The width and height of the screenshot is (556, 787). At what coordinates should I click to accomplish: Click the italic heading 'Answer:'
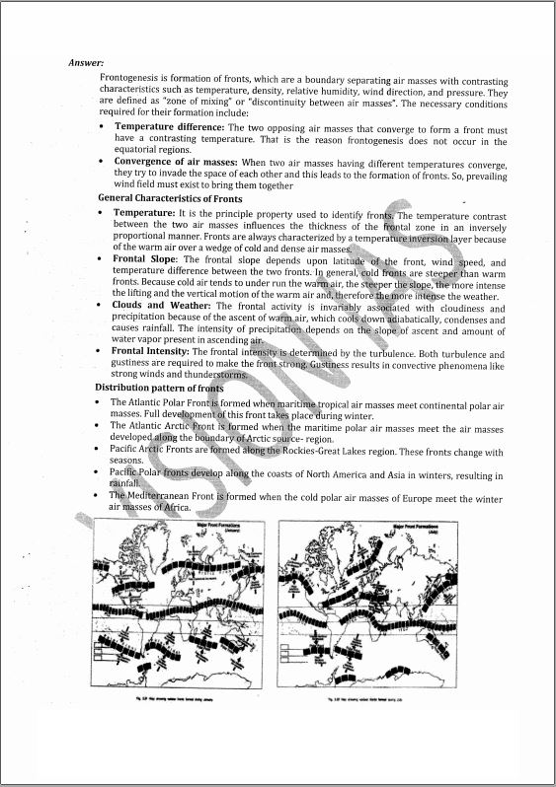click(x=87, y=63)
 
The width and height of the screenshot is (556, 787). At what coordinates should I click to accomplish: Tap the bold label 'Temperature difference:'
click(x=170, y=128)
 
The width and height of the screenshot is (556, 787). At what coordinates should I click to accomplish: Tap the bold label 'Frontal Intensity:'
click(x=152, y=352)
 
